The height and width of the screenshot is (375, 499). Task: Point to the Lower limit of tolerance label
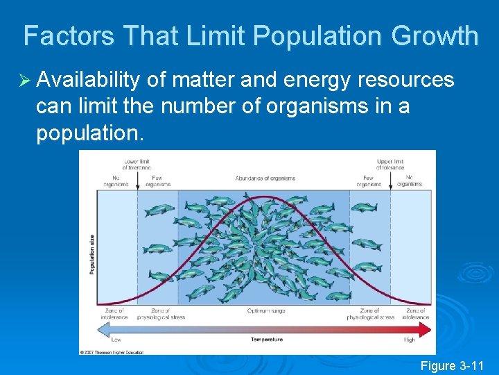(x=138, y=165)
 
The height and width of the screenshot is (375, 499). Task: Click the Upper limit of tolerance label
(x=390, y=165)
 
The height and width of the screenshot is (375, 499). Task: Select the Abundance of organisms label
(x=265, y=178)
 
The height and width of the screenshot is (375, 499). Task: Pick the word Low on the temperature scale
(x=116, y=340)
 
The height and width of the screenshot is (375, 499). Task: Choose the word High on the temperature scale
(x=410, y=340)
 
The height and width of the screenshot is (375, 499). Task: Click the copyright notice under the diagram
(x=112, y=352)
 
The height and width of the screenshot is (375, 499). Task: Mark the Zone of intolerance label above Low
(x=116, y=314)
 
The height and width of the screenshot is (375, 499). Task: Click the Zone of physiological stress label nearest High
(x=371, y=314)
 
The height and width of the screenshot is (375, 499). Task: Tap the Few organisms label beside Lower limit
(x=158, y=181)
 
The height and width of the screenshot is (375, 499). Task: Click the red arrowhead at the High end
(x=425, y=326)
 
